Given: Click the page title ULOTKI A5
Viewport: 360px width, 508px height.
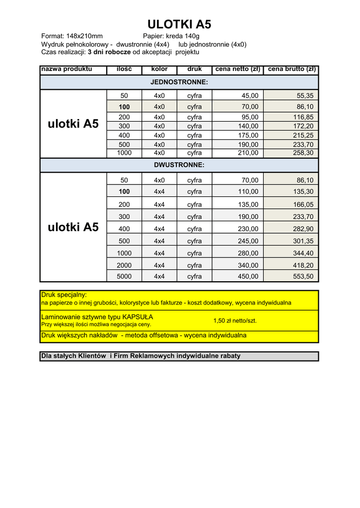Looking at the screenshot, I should [x=179, y=25].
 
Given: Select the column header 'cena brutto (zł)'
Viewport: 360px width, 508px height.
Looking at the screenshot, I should [x=291, y=69].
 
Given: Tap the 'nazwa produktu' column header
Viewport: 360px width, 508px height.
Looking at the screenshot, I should [x=67, y=69].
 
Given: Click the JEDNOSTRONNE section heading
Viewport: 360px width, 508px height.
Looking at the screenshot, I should [x=179, y=82].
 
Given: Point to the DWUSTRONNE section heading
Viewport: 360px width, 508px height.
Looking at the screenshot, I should [x=179, y=165].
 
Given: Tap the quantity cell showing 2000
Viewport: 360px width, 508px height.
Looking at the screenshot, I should [x=124, y=265].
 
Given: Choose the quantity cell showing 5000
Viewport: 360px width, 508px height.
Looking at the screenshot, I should [x=124, y=276].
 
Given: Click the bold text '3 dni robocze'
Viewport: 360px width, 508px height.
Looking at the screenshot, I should [x=109, y=52].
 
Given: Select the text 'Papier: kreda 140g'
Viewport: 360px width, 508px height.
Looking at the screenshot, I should [x=171, y=36].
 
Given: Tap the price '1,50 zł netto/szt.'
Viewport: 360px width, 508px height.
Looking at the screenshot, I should [x=235, y=321].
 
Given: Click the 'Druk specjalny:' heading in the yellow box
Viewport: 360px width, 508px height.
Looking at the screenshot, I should [x=64, y=295].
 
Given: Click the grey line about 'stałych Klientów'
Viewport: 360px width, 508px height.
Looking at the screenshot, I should [x=141, y=356].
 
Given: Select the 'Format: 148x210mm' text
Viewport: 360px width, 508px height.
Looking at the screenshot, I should [x=72, y=36].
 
